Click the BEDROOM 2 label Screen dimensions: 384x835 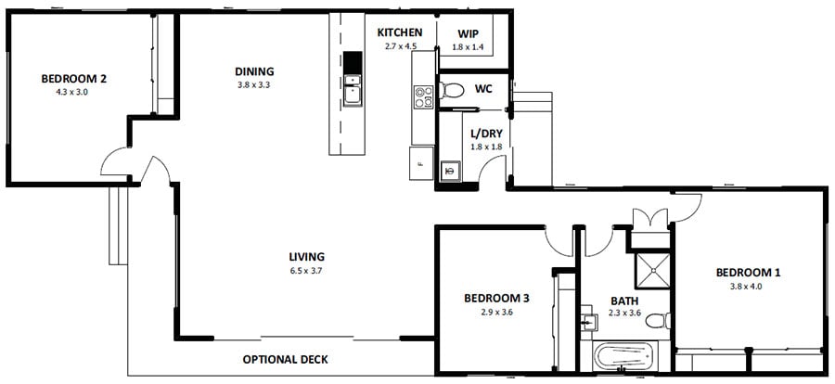click(73, 79)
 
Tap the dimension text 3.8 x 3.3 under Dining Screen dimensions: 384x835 click(254, 85)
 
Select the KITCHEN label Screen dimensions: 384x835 click(400, 32)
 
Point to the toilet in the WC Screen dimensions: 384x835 click(452, 91)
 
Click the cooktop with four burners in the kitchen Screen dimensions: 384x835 click(423, 96)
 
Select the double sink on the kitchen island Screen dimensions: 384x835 click(353, 91)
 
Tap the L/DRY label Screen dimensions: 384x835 click(486, 134)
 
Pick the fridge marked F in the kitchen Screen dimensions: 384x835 click(420, 163)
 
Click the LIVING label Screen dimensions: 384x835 click(305, 257)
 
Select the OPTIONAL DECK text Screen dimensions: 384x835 click(285, 359)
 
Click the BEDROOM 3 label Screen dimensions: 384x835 click(496, 298)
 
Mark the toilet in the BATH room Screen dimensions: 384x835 click(657, 322)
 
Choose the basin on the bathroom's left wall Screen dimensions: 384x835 click(588, 322)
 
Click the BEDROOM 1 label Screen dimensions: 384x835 click(748, 273)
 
